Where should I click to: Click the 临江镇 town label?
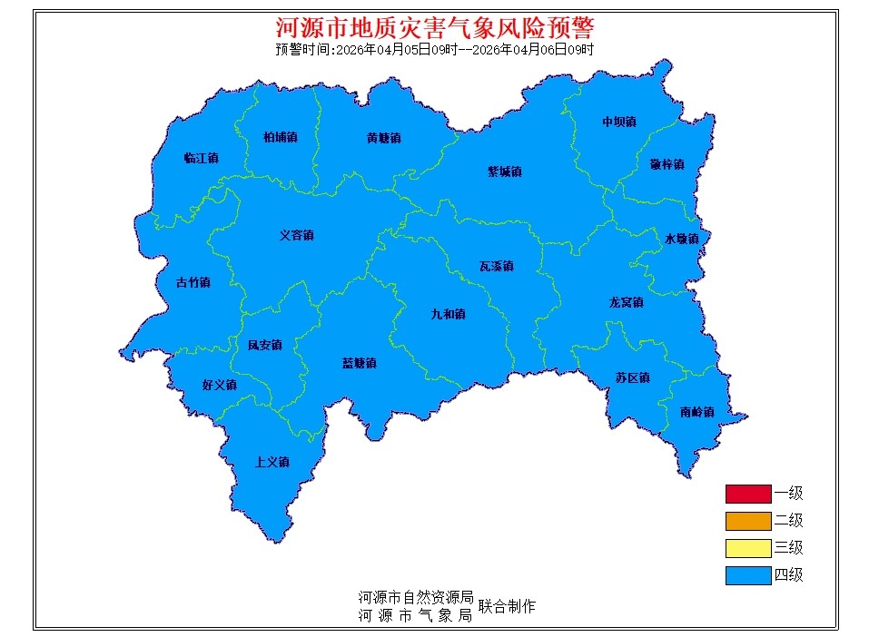[201, 159]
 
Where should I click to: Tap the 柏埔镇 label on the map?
[280, 138]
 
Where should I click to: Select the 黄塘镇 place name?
[383, 139]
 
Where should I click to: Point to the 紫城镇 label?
[505, 171]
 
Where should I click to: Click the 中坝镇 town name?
[619, 122]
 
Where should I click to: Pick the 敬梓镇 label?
[667, 165]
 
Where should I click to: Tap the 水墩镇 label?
[682, 240]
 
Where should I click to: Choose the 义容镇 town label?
[296, 236]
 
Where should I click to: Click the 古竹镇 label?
[193, 283]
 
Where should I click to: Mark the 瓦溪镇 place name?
[497, 267]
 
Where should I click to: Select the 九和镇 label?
[448, 315]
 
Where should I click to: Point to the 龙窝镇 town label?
[626, 303]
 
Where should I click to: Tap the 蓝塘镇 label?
[359, 364]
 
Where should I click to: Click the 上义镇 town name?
[272, 463]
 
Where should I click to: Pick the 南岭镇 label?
[696, 413]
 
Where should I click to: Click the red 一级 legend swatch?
[747, 495]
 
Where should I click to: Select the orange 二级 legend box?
[747, 522]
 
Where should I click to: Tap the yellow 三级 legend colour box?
[747, 548]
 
